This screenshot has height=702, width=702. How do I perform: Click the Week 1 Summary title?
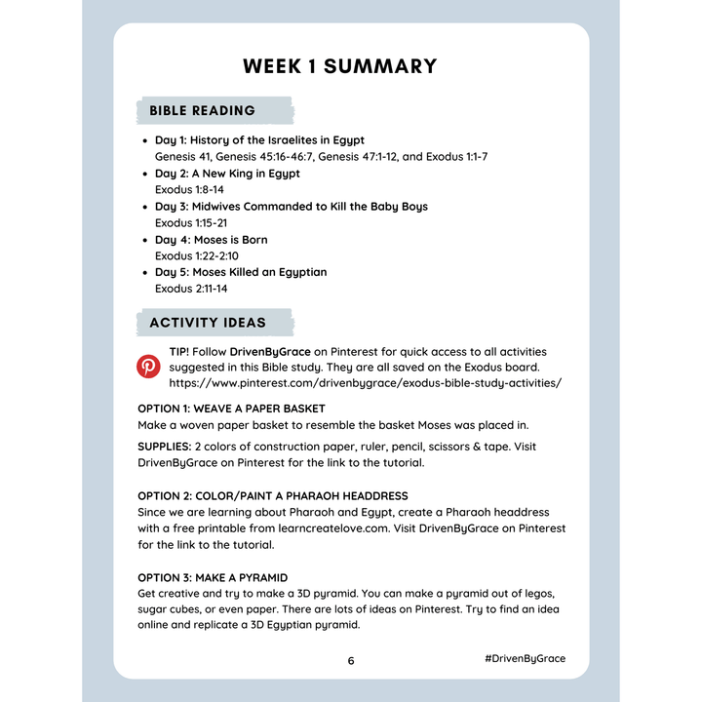click(339, 66)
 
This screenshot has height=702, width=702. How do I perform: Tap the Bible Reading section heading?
click(203, 110)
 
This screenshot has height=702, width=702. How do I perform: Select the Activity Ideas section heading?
click(208, 322)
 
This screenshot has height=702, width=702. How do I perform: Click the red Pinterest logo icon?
click(148, 367)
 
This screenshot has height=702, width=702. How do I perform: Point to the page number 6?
click(351, 660)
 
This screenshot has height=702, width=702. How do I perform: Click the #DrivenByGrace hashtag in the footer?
click(524, 659)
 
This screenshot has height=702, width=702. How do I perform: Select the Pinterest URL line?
click(365, 382)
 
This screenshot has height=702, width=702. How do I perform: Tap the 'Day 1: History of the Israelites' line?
click(259, 140)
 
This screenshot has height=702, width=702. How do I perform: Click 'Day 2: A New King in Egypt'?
click(227, 174)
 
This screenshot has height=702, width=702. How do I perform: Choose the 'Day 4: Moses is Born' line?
click(211, 240)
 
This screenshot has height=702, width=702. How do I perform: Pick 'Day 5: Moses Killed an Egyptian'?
click(241, 272)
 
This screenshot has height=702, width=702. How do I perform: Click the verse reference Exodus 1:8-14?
click(189, 189)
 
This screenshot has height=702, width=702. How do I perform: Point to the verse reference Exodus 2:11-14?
click(190, 289)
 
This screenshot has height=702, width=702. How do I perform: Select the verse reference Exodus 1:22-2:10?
click(196, 255)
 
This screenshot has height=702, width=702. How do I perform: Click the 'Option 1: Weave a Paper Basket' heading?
click(231, 409)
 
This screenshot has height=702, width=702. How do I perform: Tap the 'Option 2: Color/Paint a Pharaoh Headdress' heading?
click(272, 496)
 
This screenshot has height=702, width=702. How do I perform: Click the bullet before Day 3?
click(145, 207)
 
